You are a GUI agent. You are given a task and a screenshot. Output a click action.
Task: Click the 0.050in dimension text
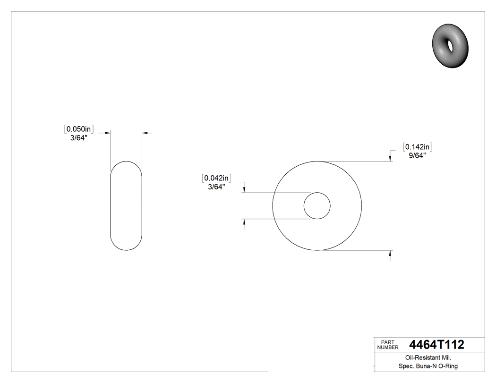coord(80,128)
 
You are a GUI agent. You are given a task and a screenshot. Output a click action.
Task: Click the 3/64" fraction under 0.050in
coord(79,137)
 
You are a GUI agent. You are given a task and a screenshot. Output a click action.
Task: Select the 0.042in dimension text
coord(217,178)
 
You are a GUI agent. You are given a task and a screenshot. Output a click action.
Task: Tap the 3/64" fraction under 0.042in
coord(217,187)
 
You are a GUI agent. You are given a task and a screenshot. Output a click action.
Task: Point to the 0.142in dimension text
coord(418,146)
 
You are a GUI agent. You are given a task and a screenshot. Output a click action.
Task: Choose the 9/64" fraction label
coord(418,155)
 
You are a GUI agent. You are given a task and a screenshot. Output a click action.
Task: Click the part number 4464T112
coord(436,345)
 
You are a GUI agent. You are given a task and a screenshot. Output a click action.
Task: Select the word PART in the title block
coord(387,341)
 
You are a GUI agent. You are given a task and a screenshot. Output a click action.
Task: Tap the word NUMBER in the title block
coord(388,347)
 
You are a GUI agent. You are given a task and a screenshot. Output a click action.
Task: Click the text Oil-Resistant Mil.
coord(425,358)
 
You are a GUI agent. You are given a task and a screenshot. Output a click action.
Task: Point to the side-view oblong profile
coord(126,206)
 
